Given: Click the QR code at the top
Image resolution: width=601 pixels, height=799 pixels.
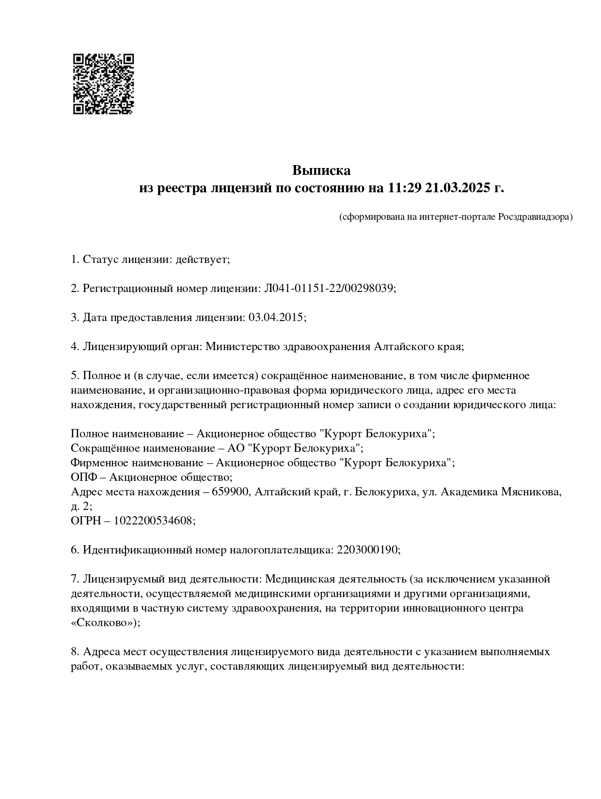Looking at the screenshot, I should (x=103, y=84).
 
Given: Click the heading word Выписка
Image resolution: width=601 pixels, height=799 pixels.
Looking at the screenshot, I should (x=321, y=170).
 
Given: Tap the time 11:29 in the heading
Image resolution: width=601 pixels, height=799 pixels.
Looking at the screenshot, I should (x=404, y=188).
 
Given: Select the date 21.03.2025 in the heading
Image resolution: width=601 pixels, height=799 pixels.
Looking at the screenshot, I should (x=458, y=188).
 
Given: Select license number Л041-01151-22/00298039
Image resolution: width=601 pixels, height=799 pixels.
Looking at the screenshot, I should (x=329, y=289).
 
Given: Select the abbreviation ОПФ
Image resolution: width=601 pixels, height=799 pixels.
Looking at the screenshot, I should (x=83, y=477).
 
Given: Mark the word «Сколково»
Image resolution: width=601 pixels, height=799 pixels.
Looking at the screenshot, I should (x=104, y=623).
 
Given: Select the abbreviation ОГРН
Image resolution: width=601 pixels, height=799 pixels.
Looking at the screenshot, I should (x=85, y=521).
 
